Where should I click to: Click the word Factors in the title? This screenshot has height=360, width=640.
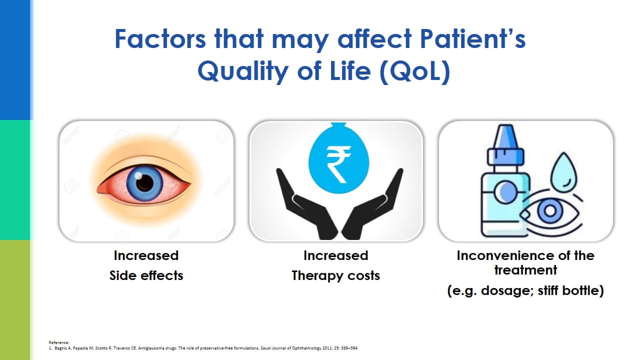coord(160,39)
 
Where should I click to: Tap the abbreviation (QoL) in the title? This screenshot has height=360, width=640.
coord(415,71)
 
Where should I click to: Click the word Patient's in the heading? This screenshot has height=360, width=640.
coord(473,39)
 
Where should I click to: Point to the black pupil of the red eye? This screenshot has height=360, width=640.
coord(144,182)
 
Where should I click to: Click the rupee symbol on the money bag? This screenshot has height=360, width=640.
coord(338,164)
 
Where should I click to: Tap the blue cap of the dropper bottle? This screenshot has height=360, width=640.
coord(505,145)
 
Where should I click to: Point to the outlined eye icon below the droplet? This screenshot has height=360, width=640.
coord(550,211)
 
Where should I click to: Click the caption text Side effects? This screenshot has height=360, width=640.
coord(146,275)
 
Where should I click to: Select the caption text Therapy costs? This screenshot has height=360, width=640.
coord(335,276)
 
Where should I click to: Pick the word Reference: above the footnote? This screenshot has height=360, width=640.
coord(59,342)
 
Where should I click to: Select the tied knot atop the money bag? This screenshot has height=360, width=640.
coord(338,126)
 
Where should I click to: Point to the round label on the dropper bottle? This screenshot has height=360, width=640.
coord(505,191)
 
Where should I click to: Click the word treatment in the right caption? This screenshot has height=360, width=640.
coord(525,270)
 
